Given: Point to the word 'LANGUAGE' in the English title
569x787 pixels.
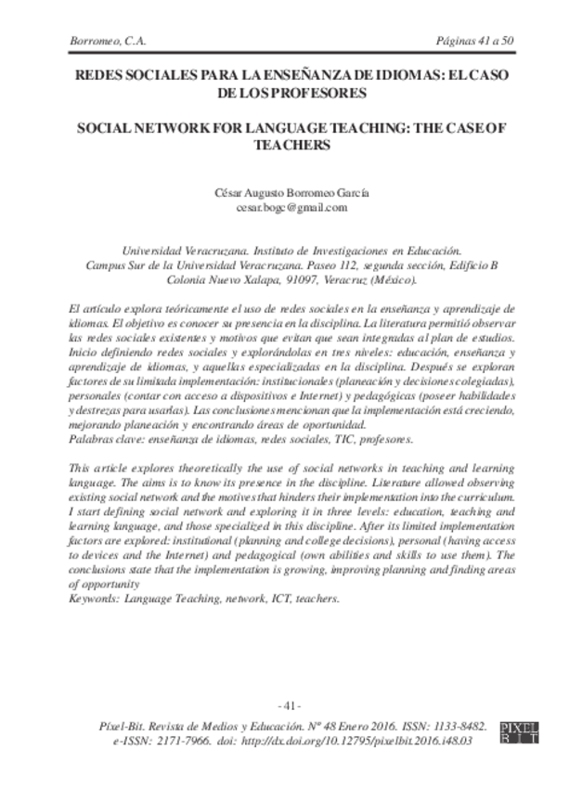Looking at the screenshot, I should coord(276,129).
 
